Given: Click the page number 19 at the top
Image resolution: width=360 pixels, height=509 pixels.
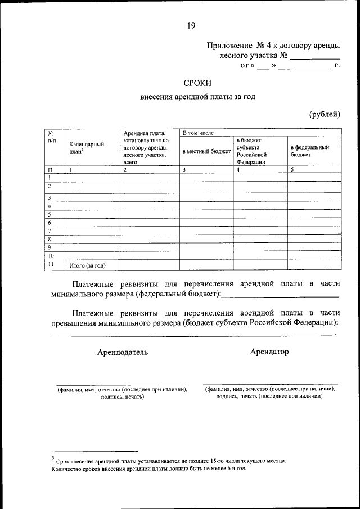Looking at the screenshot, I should pos(192,25).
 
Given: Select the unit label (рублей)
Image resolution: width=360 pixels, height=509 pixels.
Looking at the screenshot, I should pos(325,114).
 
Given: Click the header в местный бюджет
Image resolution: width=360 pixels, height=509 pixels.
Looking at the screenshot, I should pos(206,151).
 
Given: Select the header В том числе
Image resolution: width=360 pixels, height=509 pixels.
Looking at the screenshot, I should pos(197,133).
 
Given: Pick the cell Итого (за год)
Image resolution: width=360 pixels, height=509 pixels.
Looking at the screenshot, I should pos(87,265).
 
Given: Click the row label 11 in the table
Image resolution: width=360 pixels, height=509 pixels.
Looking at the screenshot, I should pos(51,264).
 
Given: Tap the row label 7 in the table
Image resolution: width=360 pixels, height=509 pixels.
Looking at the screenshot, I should pos(50,231).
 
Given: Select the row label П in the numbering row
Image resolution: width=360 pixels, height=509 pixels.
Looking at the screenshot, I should pos(50,169).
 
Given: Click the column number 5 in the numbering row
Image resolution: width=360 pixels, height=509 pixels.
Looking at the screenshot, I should pos(292,169).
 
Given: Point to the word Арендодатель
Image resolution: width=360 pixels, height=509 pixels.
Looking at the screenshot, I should pos(123,352).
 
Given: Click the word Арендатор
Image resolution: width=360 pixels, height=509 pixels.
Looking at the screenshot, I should pos(269,352).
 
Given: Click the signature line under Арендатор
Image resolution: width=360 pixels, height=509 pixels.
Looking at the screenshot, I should pos(270,383).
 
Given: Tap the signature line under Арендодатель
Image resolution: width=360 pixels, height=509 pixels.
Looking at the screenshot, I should pos(122,384).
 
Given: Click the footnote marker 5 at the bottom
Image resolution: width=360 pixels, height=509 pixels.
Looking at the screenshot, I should pos(52,458).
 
